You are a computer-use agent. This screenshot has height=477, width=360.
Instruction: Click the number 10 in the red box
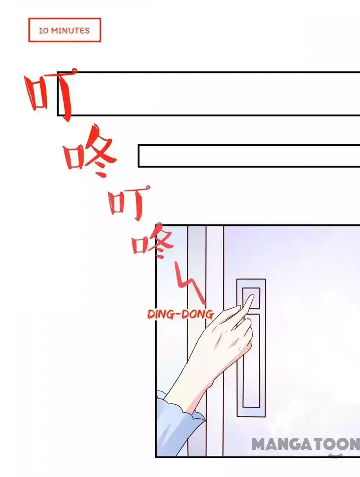[43, 31]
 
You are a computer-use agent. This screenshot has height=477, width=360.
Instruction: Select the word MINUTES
[70, 31]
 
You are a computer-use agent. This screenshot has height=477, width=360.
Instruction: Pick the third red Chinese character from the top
[129, 203]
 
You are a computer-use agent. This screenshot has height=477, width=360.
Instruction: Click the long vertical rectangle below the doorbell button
[251, 361]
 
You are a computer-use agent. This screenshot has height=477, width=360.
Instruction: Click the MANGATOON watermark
[306, 444]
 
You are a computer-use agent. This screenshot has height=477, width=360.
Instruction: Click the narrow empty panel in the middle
[249, 156]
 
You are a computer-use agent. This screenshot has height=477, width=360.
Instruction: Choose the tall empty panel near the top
[208, 94]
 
